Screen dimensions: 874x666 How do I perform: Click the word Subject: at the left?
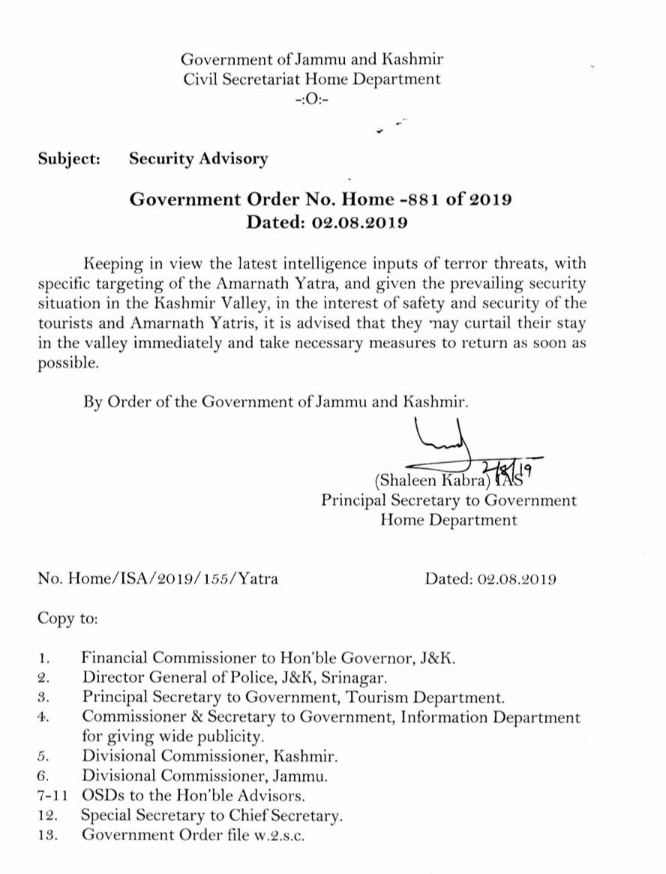point(70,159)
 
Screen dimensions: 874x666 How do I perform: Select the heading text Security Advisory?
point(198,159)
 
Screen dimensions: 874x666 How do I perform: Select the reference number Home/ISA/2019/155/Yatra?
point(172,579)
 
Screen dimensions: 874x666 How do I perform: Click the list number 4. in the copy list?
point(42,717)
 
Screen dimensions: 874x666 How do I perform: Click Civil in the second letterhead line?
point(201,79)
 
